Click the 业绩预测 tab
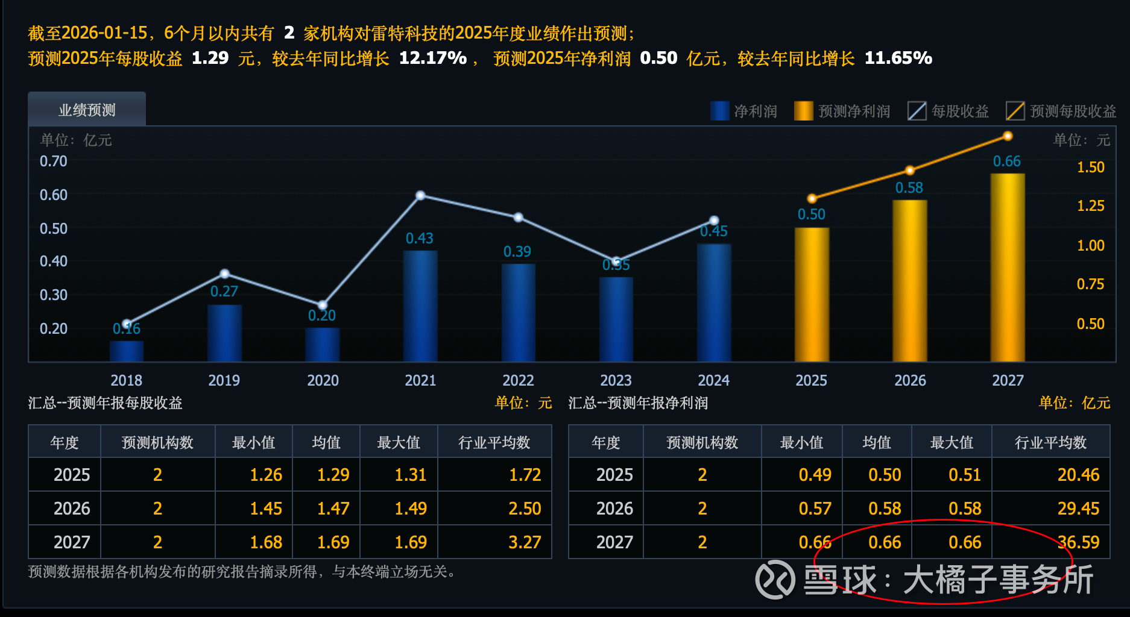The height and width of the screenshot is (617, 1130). coord(87,110)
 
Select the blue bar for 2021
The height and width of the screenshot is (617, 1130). coord(420,305)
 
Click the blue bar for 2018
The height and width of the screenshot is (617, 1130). coord(127,351)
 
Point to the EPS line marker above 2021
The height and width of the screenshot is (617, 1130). coord(421,195)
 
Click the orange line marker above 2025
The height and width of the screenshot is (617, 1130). coord(812,198)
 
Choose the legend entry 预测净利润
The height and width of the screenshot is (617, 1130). coord(842,111)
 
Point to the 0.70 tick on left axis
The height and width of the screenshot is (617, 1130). coord(54,161)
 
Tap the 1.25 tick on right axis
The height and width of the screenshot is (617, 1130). coord(1090,206)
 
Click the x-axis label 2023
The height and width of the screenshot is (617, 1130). coord(616,380)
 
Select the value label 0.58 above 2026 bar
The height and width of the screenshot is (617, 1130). coord(909,188)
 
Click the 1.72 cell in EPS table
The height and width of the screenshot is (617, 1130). coord(525,475)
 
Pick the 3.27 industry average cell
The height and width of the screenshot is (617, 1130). coord(525,542)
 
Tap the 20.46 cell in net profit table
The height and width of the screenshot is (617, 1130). coord(1078,475)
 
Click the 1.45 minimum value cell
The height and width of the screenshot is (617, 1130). coord(266,509)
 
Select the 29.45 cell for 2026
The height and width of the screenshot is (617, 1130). coord(1078,509)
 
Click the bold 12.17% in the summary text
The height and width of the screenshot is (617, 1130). coord(432,58)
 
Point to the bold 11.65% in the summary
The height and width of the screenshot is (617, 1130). coord(898,58)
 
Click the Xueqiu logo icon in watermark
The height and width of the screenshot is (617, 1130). coord(775,580)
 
